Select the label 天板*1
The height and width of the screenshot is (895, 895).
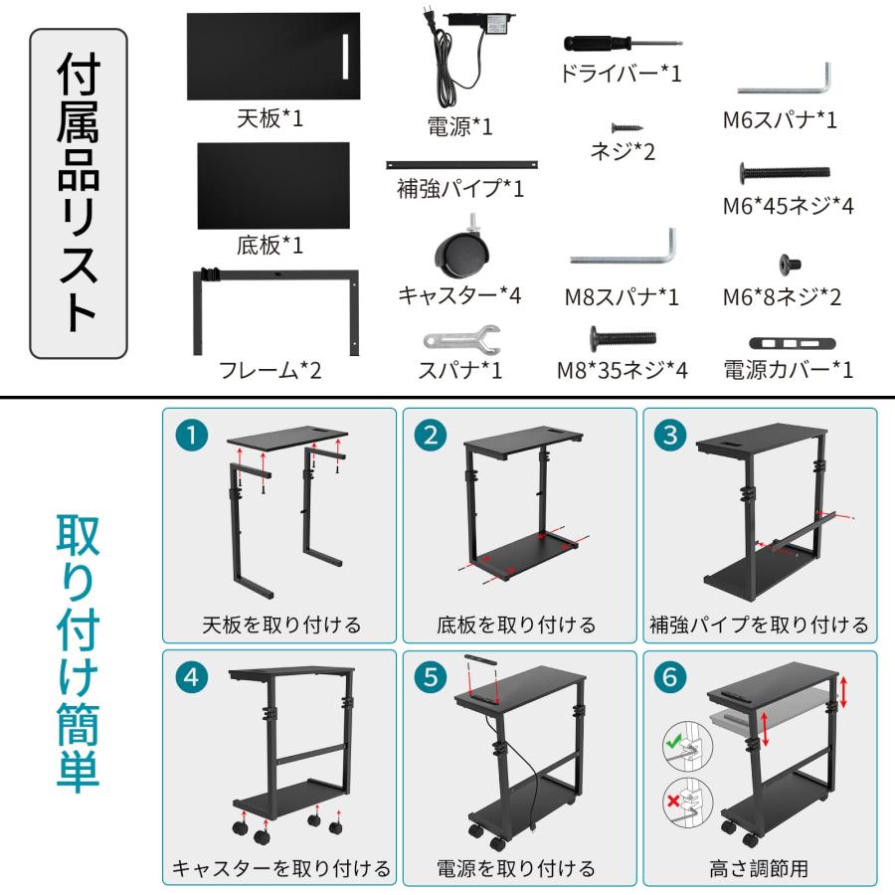[x=268, y=119]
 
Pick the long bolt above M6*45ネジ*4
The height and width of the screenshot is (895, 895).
[x=785, y=173]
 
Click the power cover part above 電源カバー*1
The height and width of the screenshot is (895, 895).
[x=788, y=343]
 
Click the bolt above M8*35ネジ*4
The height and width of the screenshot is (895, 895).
[x=623, y=338]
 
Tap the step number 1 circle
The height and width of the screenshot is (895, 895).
[x=192, y=434]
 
